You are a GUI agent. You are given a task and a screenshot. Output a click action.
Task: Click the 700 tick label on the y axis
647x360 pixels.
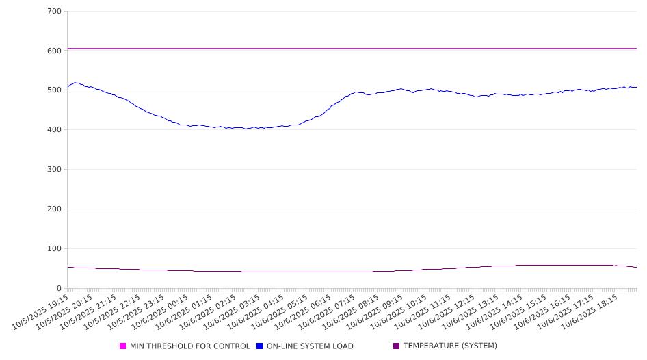(x=55, y=12)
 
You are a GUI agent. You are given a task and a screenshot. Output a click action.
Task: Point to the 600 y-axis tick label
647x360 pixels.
(x=55, y=51)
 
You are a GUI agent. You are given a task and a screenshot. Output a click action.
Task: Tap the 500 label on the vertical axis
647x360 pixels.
(x=55, y=90)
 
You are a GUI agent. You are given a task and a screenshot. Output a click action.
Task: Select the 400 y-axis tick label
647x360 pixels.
(x=55, y=130)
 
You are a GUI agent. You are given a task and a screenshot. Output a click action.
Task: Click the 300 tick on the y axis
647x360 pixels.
(x=55, y=170)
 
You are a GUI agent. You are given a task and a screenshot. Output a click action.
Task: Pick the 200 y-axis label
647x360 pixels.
(x=55, y=209)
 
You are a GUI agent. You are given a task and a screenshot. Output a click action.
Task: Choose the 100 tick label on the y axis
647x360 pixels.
(x=55, y=249)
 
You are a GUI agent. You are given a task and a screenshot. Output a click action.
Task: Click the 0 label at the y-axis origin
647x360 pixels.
(x=60, y=289)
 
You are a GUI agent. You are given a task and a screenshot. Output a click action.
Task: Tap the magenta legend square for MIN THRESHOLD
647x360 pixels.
(x=123, y=346)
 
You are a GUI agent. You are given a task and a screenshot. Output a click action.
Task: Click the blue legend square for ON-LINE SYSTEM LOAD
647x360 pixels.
(x=260, y=346)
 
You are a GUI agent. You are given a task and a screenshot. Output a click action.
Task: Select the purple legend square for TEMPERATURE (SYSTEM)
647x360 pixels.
(x=397, y=346)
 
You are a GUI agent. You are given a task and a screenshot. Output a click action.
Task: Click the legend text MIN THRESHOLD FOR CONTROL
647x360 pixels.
(x=189, y=346)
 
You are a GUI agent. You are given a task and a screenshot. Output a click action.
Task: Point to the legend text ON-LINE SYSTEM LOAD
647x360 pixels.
(x=309, y=346)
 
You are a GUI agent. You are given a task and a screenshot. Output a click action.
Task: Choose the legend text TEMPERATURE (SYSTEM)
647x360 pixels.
(x=450, y=346)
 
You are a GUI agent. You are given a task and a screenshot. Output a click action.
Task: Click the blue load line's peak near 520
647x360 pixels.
(x=76, y=83)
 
